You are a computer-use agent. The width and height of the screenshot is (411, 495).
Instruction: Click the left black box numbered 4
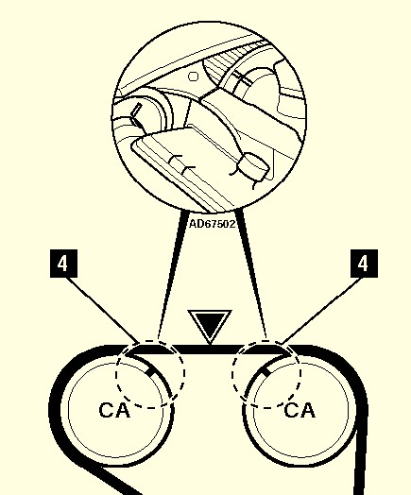point(63,264)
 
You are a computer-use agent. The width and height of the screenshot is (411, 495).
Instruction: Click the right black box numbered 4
point(364,264)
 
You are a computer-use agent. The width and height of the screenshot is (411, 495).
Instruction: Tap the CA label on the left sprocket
point(114,410)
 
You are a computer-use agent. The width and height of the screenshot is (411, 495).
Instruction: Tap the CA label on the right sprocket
point(300,410)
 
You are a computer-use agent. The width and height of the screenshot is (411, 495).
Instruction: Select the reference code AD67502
point(213,224)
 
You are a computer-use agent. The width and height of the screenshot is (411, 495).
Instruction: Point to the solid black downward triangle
point(210,325)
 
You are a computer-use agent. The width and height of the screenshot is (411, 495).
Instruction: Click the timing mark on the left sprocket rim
point(152,372)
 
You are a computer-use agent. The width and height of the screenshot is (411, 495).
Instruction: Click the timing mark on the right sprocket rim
point(266,371)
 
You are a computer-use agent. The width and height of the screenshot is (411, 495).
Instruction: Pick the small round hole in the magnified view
point(193,77)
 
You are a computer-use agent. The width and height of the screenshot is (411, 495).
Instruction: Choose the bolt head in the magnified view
point(253,166)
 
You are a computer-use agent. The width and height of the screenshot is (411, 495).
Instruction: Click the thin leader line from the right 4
point(323,311)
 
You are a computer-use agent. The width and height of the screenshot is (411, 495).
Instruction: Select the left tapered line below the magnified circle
point(172,275)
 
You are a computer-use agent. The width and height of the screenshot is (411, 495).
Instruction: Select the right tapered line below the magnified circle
point(251,275)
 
